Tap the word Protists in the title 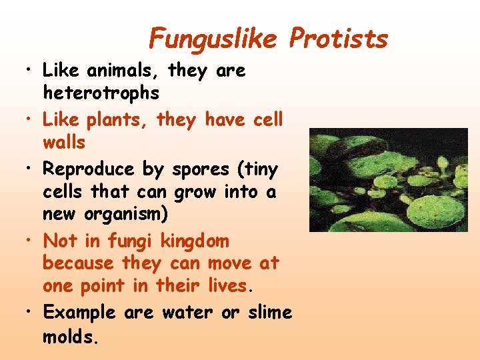(x=339, y=39)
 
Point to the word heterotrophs (x=101, y=93)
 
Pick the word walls (x=64, y=142)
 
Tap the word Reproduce (x=89, y=170)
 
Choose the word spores (x=201, y=170)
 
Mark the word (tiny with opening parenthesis (x=257, y=170)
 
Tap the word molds (x=70, y=337)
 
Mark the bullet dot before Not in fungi (x=27, y=241)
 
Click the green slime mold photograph (x=388, y=180)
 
